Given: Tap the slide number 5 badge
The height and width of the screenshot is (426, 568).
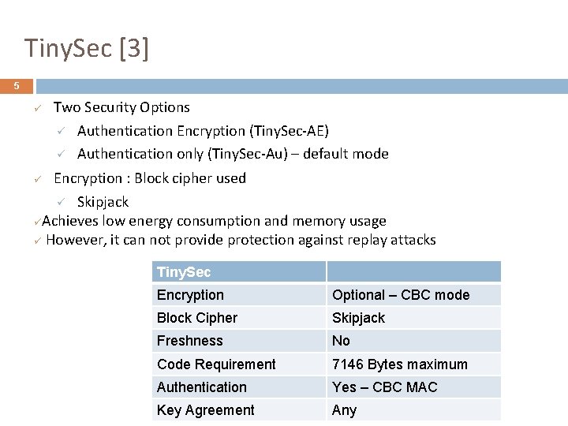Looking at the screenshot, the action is (x=16, y=86).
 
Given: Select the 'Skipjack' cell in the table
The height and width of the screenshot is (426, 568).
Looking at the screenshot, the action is (x=358, y=318).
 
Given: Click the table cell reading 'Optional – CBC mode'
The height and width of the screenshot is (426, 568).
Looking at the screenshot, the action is (x=400, y=295).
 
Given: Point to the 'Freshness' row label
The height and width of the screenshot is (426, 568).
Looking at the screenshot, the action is (x=189, y=341).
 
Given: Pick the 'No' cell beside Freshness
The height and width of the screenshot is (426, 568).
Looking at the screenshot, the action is (x=341, y=341).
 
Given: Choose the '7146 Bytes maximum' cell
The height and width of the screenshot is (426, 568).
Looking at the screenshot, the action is (x=399, y=364).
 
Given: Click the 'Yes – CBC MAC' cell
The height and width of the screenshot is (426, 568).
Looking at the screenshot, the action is (x=384, y=387).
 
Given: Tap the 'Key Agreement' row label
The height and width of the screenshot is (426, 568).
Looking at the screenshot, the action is (x=205, y=410).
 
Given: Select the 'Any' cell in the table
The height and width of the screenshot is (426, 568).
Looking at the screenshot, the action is (x=344, y=410).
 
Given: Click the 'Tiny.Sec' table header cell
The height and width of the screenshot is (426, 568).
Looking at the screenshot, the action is (x=184, y=272).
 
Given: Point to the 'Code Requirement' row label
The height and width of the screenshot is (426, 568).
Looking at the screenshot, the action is (x=215, y=364).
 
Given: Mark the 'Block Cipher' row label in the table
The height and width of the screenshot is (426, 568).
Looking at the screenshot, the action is (x=196, y=318).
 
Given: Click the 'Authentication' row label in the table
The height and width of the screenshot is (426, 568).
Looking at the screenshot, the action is (x=201, y=387).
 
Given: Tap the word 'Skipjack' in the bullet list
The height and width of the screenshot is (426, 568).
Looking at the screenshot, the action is (x=103, y=202).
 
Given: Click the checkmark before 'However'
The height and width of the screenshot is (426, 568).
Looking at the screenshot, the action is (x=37, y=241).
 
